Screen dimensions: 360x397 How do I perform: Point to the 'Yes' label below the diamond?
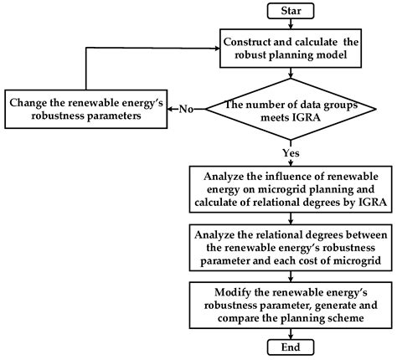(x=291, y=152)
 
